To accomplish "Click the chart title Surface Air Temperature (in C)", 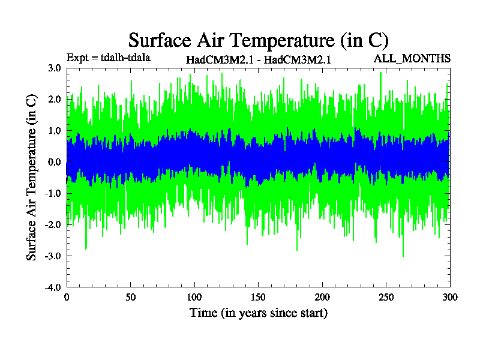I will [259, 40].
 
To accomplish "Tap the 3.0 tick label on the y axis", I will [54, 68].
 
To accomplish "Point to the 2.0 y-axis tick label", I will [54, 100].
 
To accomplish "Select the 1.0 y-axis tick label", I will [54, 131].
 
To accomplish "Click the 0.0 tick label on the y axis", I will [54, 162].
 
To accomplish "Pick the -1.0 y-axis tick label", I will [53, 193].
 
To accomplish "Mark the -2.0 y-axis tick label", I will [53, 224].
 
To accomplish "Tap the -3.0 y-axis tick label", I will [53, 256].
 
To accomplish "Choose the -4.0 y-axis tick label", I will [53, 287].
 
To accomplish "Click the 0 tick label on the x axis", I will [67, 297].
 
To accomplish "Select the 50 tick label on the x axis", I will [130, 297].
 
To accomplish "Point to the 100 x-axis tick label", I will [194, 297].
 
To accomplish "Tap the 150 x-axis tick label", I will [259, 297].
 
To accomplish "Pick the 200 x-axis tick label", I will [322, 297].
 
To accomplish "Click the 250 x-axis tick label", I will [386, 297].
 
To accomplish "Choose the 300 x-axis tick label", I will [450, 297].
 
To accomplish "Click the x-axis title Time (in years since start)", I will [259, 313].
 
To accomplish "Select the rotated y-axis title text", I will [32, 177].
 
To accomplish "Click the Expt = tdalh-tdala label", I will [109, 58].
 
